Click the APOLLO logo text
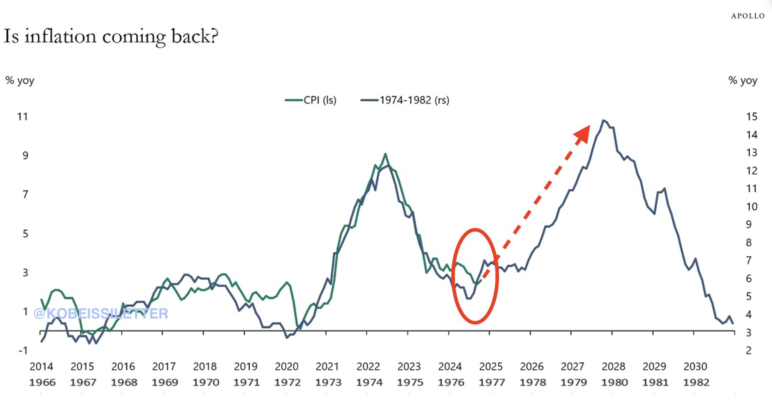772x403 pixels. tap(748, 16)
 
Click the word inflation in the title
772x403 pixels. tap(60, 36)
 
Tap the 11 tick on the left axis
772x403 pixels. tap(23, 117)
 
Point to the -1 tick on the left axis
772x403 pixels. tap(23, 350)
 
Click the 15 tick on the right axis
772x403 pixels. tap(752, 117)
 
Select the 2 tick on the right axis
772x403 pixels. tap(749, 350)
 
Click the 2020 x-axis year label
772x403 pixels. tap(287, 366)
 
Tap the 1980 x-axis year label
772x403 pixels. tap(614, 382)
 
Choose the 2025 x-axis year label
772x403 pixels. tap(491, 366)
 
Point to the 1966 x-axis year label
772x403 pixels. tap(42, 382)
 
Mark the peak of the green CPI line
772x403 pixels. tap(385, 154)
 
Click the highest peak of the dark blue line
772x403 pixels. tap(604, 121)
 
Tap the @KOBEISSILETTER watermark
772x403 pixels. tap(101, 314)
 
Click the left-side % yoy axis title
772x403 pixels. tap(20, 81)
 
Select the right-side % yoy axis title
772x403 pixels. tap(743, 81)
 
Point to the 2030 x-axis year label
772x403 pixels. tap(695, 366)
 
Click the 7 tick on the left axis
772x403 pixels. tap(25, 194)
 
